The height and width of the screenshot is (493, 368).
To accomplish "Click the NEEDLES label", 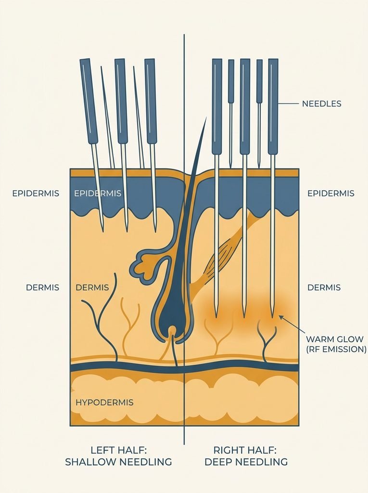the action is (x=321, y=104).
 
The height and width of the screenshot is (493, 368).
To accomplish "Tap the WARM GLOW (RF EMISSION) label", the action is (x=336, y=344).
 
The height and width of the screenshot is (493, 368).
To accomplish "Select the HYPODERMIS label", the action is (x=104, y=402).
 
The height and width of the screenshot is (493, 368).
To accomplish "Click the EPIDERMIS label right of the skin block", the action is (x=330, y=194).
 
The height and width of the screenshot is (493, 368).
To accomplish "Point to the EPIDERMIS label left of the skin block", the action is (x=36, y=194).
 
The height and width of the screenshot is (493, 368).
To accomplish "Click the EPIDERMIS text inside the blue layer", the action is (x=98, y=194).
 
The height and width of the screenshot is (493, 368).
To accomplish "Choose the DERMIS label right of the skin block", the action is (x=324, y=287).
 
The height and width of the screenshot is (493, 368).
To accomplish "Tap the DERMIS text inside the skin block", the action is (x=92, y=287).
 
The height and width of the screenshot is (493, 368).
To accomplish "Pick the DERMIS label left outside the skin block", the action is (x=42, y=287).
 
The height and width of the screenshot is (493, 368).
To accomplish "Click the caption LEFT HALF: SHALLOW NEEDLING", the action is (x=118, y=456).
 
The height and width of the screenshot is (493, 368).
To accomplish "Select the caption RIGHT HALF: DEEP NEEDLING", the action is (x=246, y=456).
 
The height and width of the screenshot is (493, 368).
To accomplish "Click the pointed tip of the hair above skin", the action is (x=206, y=117).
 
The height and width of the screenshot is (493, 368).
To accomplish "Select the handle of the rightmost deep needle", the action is (x=273, y=106).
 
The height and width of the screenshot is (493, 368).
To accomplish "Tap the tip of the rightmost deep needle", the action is (x=272, y=316).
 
